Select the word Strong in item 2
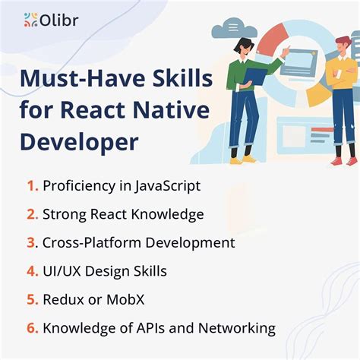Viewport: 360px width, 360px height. click(x=65, y=214)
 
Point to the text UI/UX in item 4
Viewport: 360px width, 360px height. click(x=63, y=271)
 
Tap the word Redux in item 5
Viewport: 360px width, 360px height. click(x=62, y=300)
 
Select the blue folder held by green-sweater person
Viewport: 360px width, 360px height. click(x=256, y=76)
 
